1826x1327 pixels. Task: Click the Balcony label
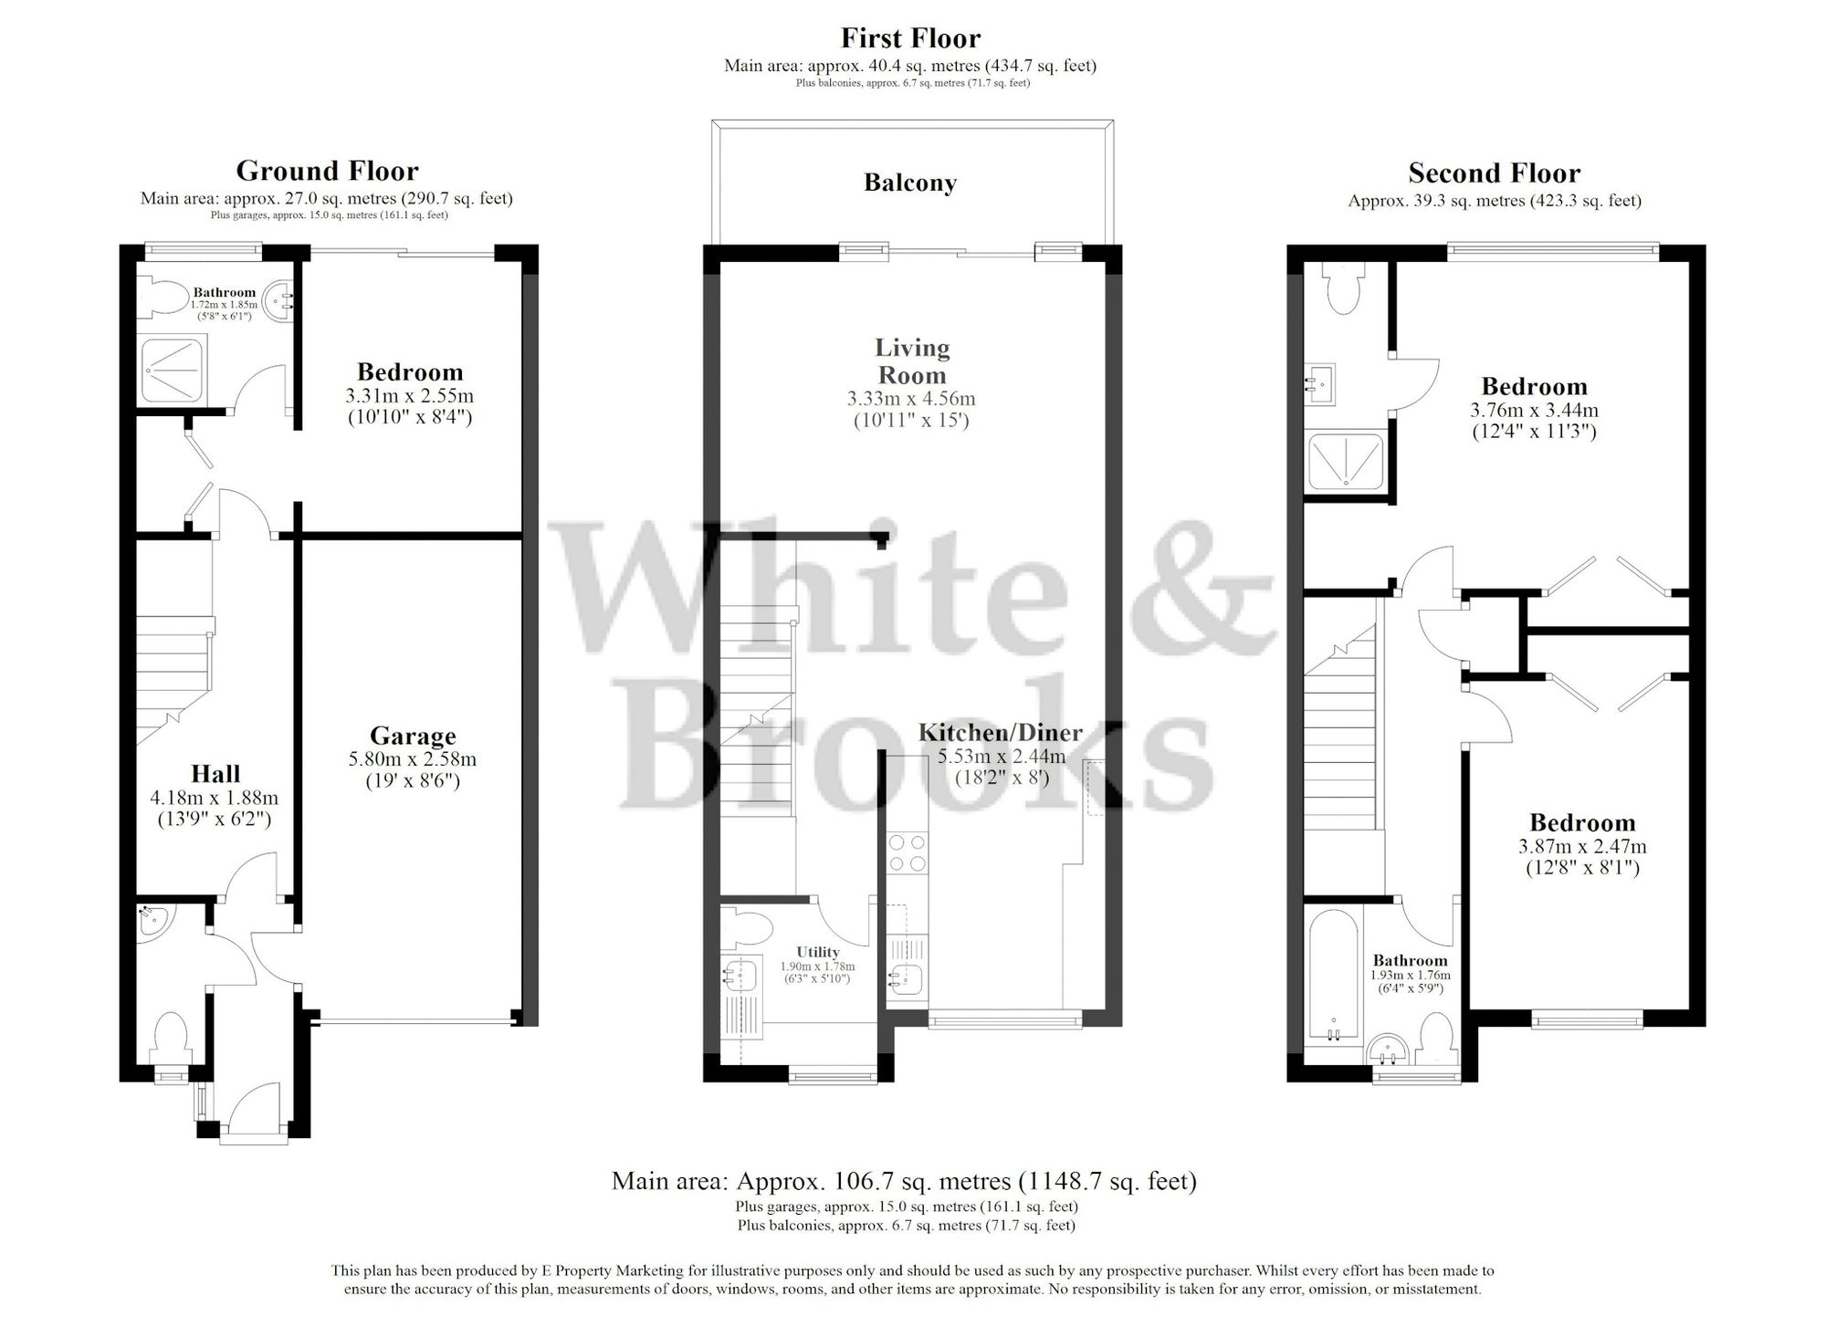(909, 183)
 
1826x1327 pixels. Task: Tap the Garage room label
(413, 736)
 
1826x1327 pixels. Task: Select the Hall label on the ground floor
(215, 774)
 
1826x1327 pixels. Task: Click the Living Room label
(912, 361)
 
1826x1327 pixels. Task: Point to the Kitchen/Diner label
(1000, 732)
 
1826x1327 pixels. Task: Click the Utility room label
(817, 952)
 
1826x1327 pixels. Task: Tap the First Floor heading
(910, 38)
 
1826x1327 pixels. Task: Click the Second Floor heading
(1494, 172)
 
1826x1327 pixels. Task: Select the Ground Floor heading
(327, 171)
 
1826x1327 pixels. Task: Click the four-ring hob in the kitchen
(907, 852)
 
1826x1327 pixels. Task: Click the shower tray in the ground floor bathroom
(173, 370)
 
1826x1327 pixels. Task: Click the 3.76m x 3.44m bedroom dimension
(1534, 411)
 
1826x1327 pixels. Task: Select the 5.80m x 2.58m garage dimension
(413, 759)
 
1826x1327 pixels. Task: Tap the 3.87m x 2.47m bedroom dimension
(1582, 847)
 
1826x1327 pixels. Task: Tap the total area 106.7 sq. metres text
(903, 1182)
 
